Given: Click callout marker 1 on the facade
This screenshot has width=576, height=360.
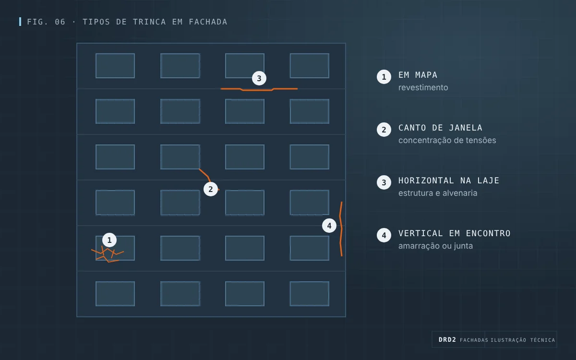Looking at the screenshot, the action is click(109, 240).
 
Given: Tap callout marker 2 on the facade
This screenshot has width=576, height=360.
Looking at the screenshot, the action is click(211, 189).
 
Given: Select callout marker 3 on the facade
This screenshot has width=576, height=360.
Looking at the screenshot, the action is click(259, 78).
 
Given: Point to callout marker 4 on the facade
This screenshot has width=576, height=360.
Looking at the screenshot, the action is click(329, 226).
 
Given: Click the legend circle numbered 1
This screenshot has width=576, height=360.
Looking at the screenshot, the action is click(384, 77).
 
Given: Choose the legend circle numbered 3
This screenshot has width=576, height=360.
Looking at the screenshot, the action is click(384, 182).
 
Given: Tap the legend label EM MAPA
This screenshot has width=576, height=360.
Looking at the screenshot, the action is click(418, 75).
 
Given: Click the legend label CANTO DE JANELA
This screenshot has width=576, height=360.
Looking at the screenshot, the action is click(440, 128).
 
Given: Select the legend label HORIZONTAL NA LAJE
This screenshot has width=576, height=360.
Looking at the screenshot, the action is click(449, 180).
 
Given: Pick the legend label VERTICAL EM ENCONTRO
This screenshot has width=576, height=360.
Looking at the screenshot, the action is click(455, 233).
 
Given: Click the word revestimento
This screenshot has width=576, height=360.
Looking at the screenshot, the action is click(423, 87).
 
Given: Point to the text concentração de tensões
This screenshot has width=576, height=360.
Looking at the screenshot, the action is click(447, 140).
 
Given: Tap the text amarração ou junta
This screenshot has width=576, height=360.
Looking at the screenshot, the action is click(436, 246).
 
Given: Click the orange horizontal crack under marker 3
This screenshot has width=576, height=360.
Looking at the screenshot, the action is click(259, 90).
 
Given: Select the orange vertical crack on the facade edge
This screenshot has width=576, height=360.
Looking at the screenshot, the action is click(341, 229).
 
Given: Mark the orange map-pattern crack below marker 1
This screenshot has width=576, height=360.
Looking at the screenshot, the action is click(108, 254).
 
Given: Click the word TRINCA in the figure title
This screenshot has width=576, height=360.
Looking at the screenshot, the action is click(149, 22).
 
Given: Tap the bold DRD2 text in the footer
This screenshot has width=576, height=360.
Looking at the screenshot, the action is click(447, 340).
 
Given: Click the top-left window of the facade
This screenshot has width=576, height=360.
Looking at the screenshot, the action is click(115, 66).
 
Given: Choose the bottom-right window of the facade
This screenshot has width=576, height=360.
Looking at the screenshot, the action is click(309, 294).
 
